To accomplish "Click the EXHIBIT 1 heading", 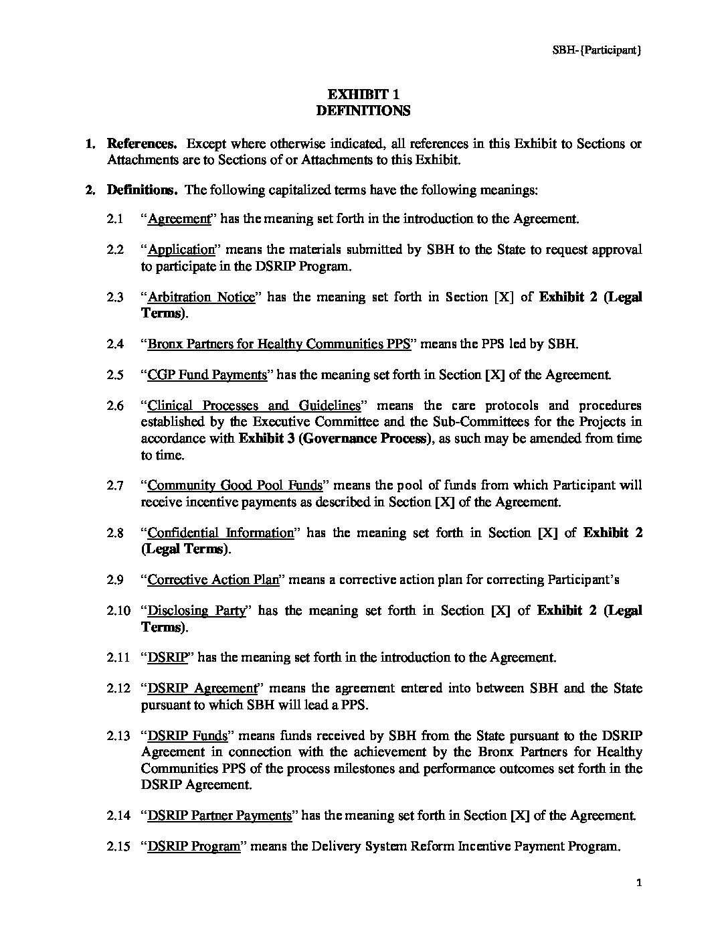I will pos(363,94).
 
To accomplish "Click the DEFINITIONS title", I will pos(363,111).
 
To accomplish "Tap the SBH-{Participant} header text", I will pos(596,50).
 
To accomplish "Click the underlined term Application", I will pos(181,250).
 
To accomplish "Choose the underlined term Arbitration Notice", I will pos(201,297).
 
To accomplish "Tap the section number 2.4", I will pos(115,344).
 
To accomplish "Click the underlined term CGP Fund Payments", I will pos(207,375).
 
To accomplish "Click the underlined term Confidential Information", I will pos(220,533).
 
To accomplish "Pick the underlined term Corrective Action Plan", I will pos(213,580).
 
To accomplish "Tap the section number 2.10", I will pos(118,611).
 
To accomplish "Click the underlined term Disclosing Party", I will pos(197,611).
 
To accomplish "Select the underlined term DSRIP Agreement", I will pos(202,688).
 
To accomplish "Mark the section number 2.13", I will pos(118,735).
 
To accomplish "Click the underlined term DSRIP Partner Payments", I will pos(219,816).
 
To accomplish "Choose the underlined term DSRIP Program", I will pos(193,847).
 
